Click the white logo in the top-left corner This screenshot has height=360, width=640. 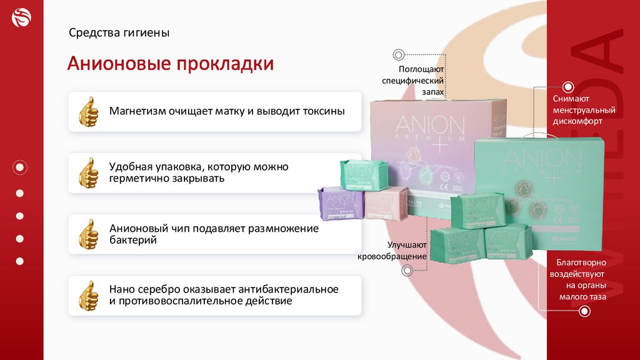tap(21, 19)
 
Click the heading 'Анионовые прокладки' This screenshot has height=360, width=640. tap(171, 64)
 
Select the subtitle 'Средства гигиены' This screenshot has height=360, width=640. tap(119, 32)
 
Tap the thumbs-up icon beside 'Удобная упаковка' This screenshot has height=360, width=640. tap(89, 172)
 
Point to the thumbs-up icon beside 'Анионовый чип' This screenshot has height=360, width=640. tap(89, 234)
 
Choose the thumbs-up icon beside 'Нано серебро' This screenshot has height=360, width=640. tap(89, 295)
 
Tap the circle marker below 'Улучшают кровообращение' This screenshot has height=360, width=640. tap(407, 271)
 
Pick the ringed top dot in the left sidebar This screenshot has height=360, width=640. tap(20, 167)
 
